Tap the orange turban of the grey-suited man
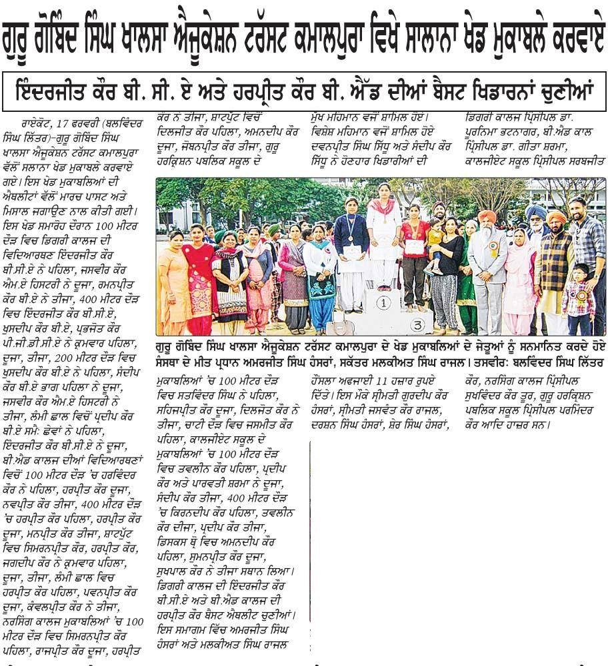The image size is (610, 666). point(489,217)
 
